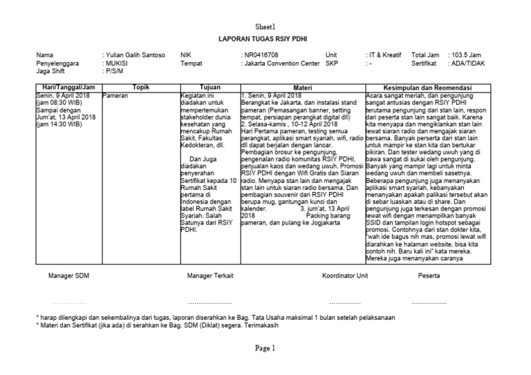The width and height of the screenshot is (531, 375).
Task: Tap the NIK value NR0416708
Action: click(x=261, y=54)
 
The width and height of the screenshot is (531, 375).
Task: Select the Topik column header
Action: click(x=140, y=88)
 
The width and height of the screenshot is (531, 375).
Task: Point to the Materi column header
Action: click(x=303, y=88)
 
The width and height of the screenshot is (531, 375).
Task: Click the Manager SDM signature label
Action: click(x=68, y=276)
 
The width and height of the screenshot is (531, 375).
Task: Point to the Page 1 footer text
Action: click(x=265, y=349)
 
